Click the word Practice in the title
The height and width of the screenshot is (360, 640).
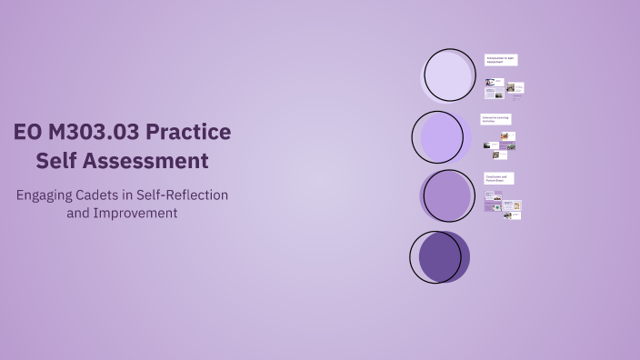pos(189,133)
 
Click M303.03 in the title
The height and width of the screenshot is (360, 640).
pos(94,133)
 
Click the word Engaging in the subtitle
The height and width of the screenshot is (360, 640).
pos(46,195)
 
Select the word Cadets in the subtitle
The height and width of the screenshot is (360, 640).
pos(108,195)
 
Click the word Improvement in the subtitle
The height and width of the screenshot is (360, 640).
pos(135,213)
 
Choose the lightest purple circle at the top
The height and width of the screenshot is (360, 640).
pos(450,75)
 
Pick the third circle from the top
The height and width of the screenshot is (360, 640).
pos(446,195)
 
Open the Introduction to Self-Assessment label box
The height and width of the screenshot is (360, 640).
pos(501,60)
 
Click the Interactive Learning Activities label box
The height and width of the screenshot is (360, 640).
pos(497,119)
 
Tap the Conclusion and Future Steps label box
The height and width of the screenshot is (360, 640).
pos(499,178)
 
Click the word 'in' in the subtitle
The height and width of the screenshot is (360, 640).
pos(141,195)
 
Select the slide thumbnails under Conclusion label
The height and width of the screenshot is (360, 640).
pos(503,207)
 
